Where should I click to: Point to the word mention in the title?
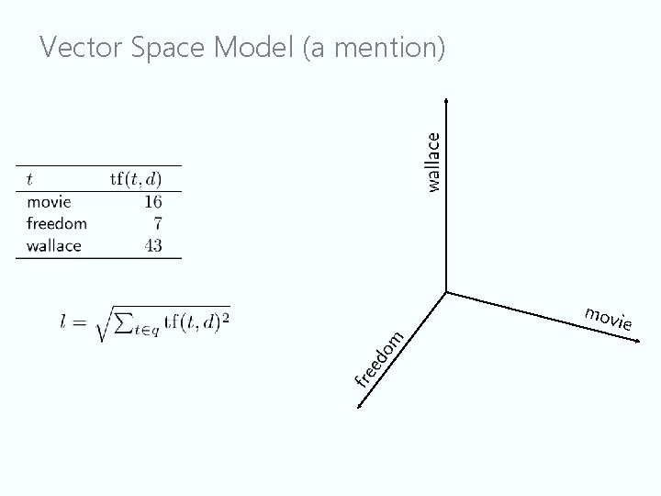pos(387,48)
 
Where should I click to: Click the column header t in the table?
pos(31,178)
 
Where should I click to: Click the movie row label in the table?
pos(49,201)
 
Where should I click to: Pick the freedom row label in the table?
pos(57,223)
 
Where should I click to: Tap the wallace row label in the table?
pos(54,245)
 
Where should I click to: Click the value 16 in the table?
pos(152,201)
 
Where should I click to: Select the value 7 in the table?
pos(158,223)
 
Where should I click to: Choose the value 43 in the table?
pos(152,245)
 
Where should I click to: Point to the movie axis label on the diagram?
pos(608,318)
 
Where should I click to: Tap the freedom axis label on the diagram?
pos(380,357)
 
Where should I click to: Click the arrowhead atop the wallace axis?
pos(446,100)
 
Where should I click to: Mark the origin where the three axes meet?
pos(446,292)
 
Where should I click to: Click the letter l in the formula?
pos(65,323)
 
